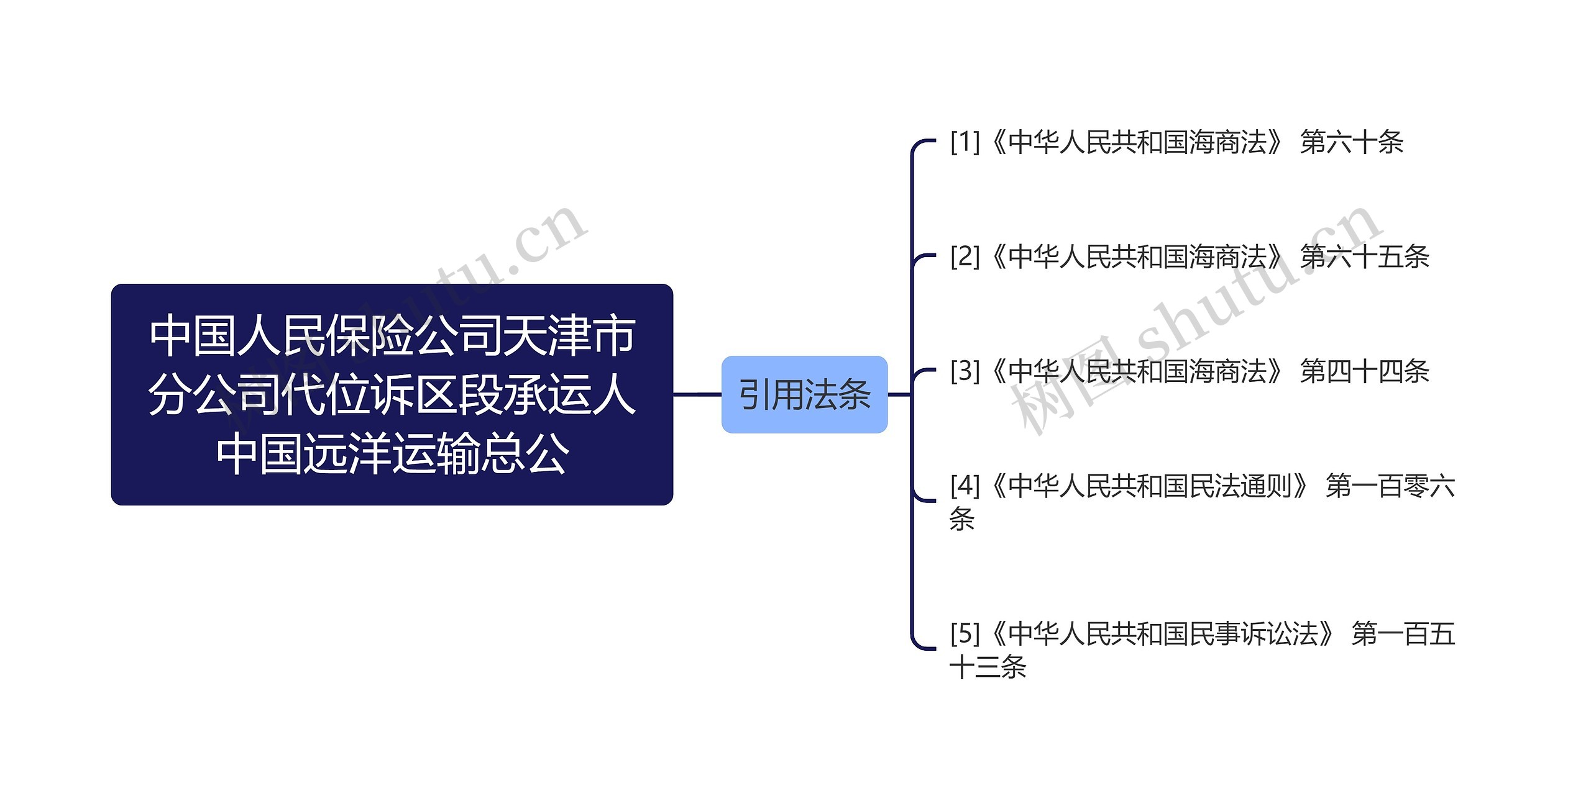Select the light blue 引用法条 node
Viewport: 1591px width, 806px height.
[804, 394]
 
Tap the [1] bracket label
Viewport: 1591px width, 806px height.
[965, 142]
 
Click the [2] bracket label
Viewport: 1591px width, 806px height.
[965, 256]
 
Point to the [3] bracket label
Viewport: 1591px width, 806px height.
[965, 371]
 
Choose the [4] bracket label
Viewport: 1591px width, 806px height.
[965, 486]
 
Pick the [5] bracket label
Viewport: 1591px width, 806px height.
[965, 634]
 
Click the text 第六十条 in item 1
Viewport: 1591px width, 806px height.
[1351, 142]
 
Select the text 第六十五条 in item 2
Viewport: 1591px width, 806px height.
[1364, 256]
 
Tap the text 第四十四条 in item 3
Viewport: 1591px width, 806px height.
[1364, 371]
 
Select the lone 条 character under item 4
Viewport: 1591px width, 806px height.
[961, 519]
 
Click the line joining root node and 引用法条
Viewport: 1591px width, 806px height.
[697, 394]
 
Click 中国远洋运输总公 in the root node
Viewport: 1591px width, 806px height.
[392, 453]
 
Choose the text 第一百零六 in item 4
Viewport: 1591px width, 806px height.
[1390, 486]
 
